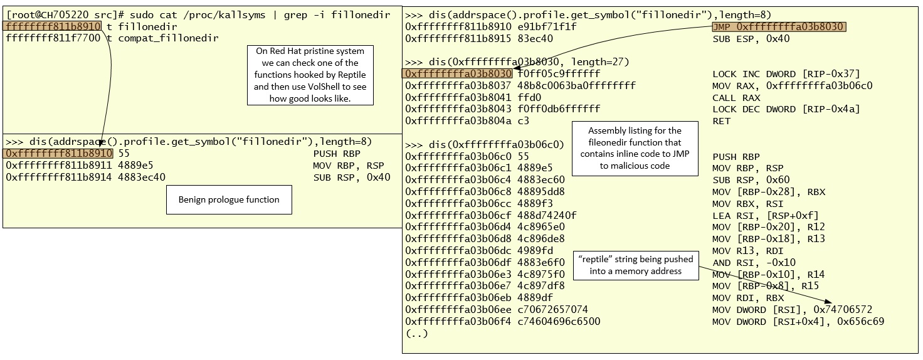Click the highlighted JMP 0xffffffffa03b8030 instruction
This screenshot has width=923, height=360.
point(778,27)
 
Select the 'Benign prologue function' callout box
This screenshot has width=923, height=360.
point(229,199)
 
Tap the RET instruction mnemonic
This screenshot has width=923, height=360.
point(721,121)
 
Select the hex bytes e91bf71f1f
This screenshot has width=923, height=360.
point(547,27)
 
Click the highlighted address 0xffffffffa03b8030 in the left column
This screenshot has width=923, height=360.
point(458,74)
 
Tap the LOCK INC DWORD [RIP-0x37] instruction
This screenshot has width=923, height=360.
point(786,74)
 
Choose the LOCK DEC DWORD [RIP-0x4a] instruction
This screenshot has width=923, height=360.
point(786,109)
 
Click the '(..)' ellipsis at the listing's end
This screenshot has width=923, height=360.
point(417,334)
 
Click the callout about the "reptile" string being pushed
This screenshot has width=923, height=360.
point(635,265)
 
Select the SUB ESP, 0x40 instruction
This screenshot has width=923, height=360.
point(742,39)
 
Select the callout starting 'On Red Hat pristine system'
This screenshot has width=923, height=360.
point(310,75)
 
